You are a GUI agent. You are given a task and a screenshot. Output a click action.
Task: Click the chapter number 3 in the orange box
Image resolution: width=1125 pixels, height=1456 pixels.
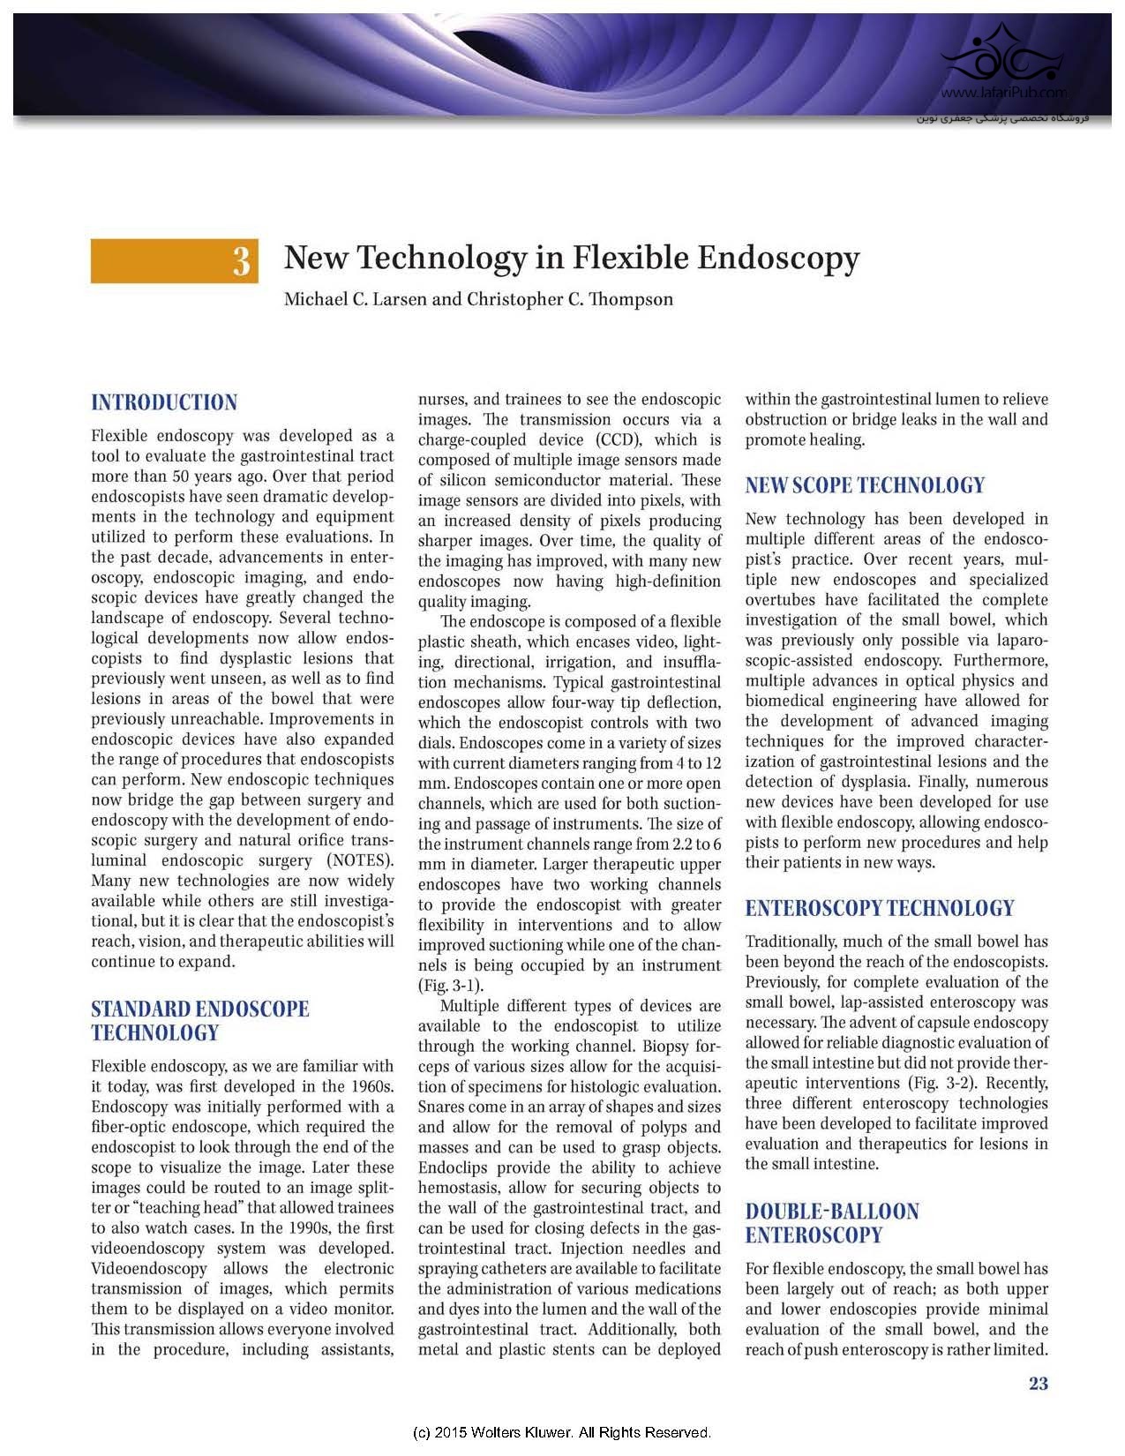241,262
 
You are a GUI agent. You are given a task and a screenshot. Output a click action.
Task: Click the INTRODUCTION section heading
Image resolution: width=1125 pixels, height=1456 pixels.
164,403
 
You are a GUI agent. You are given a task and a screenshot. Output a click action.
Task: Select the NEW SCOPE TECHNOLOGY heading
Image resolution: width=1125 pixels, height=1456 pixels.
865,485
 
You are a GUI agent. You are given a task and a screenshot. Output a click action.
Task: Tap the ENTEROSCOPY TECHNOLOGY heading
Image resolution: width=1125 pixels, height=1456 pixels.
880,908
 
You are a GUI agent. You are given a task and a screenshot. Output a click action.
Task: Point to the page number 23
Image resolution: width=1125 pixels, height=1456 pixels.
1039,1384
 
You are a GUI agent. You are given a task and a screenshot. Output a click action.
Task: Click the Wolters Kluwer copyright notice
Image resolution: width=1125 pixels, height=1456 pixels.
562,1431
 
